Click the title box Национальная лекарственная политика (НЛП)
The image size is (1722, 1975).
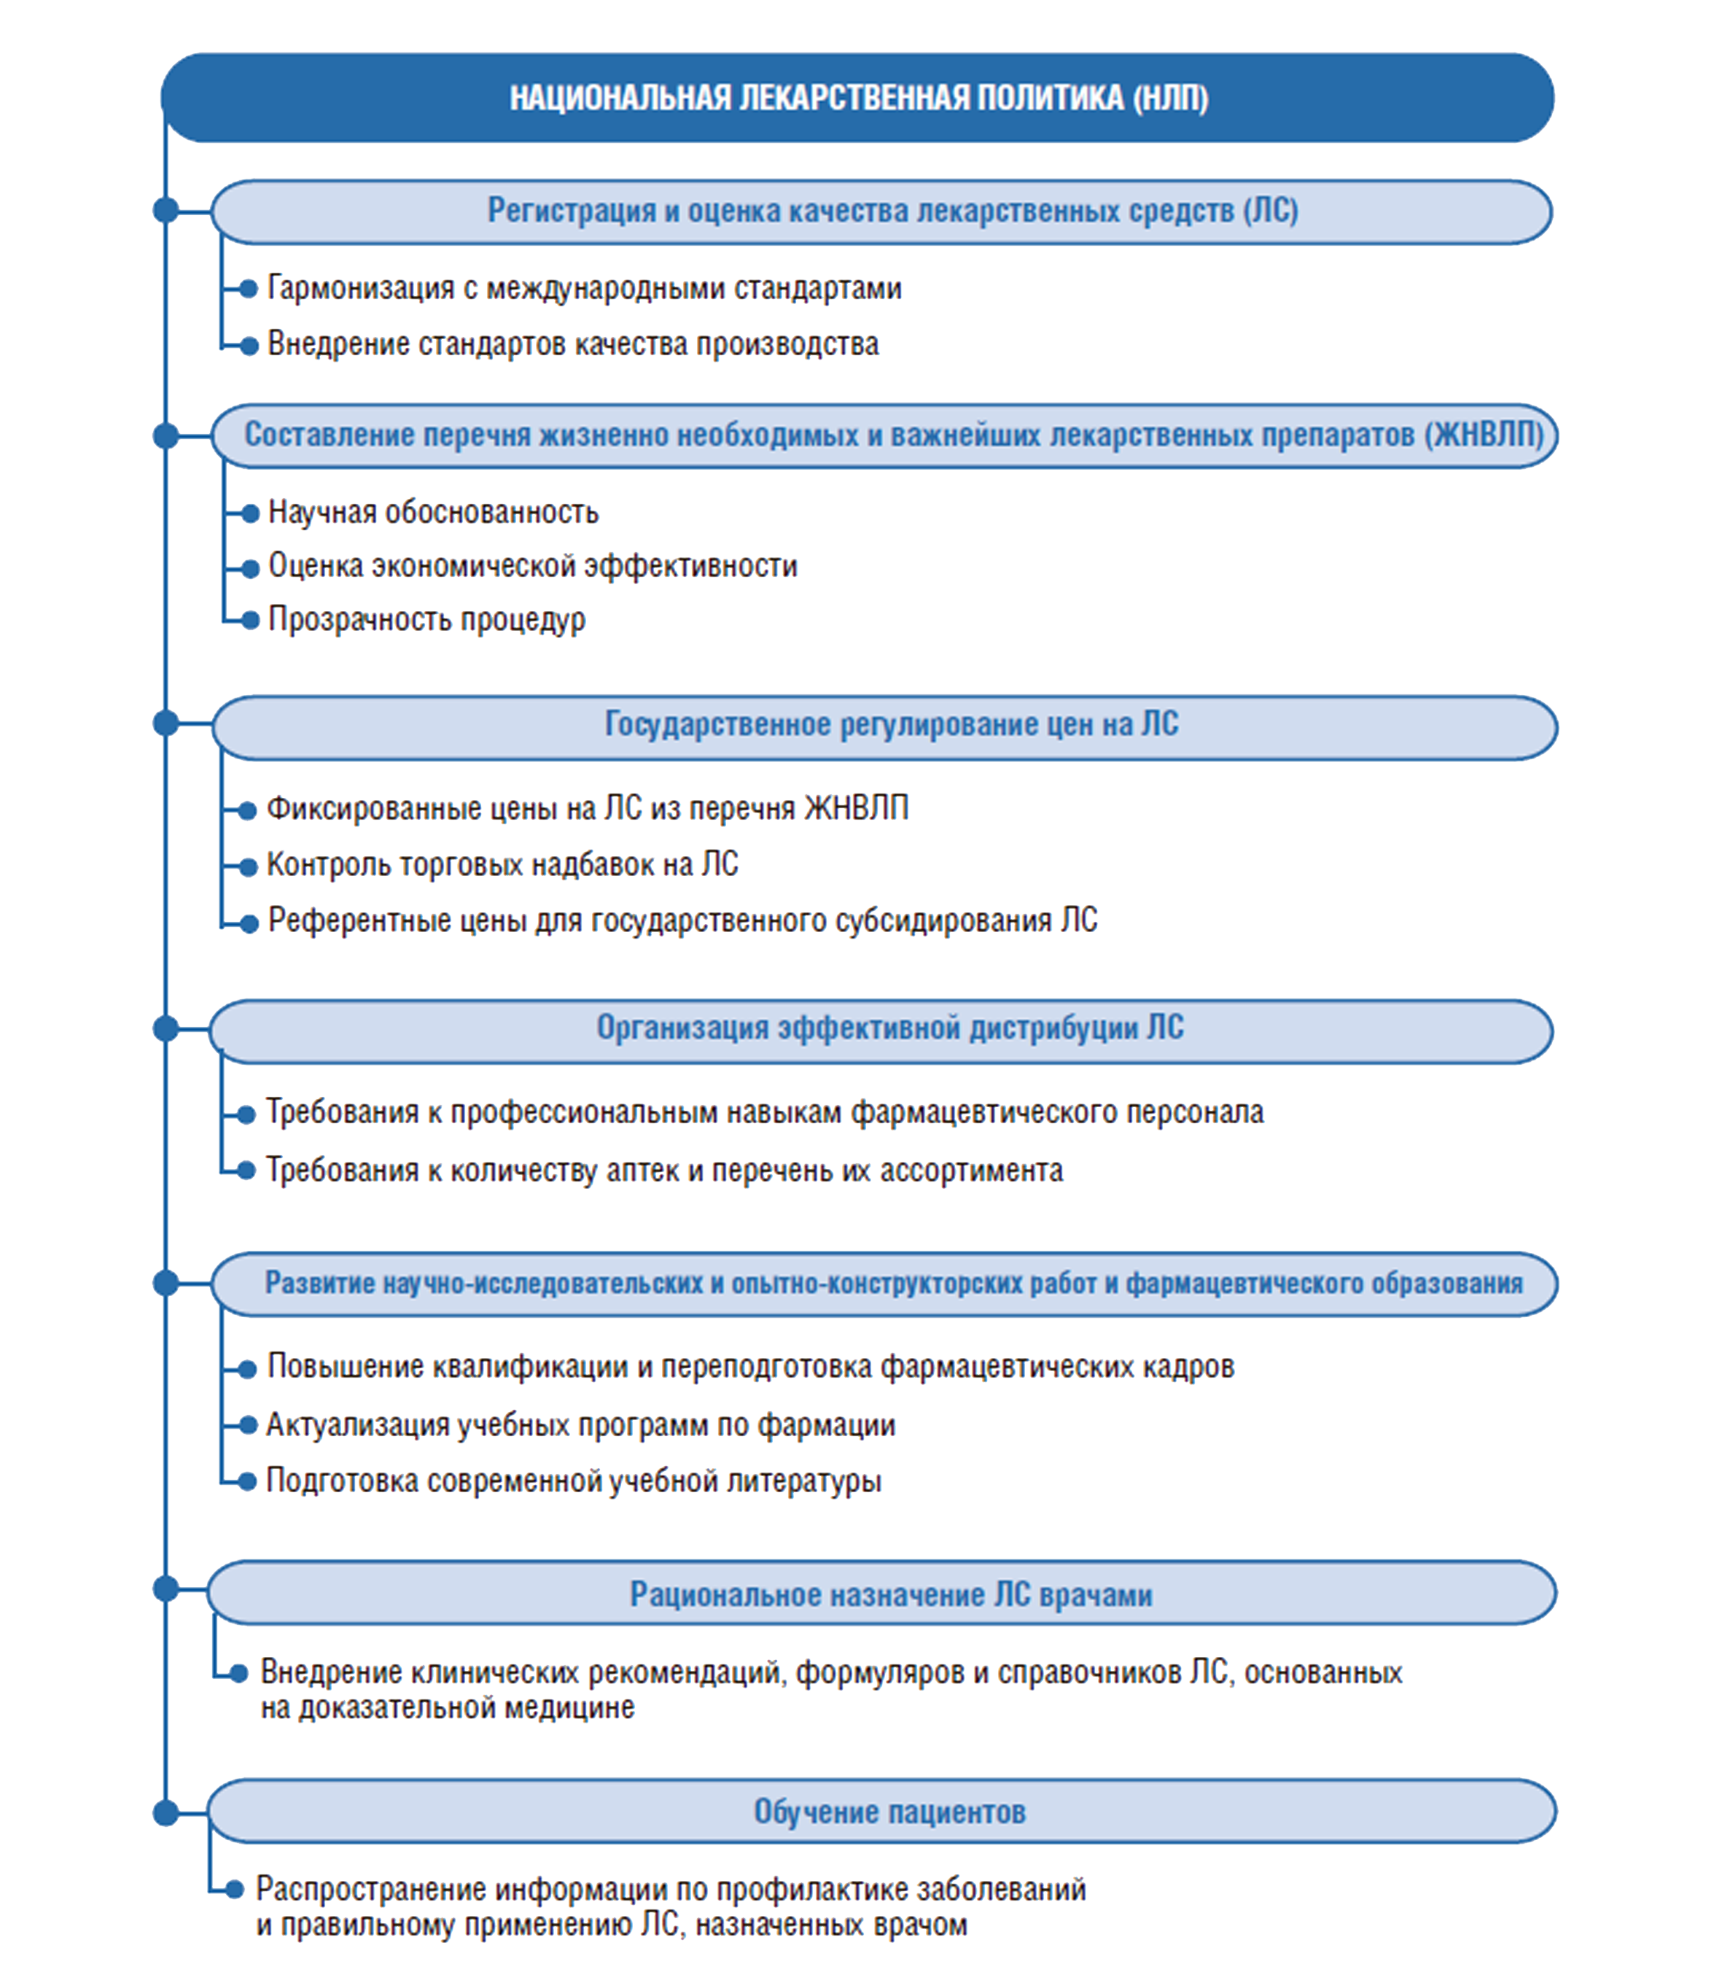(x=857, y=98)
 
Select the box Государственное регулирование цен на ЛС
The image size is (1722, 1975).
(x=884, y=728)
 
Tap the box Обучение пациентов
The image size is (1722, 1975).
(x=881, y=1812)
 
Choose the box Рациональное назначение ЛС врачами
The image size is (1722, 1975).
(x=881, y=1594)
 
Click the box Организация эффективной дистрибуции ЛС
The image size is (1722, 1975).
(x=881, y=1031)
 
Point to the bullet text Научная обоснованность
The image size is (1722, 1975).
(x=433, y=512)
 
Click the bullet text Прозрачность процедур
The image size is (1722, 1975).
(x=426, y=620)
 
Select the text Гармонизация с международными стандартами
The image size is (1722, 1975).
(x=584, y=288)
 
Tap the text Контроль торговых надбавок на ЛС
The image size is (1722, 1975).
(x=502, y=865)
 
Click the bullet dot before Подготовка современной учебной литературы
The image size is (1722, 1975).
(x=248, y=1481)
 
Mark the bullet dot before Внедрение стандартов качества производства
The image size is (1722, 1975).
(x=249, y=345)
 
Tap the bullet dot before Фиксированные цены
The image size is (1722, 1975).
(x=248, y=810)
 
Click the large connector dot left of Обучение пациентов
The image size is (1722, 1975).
(x=166, y=1814)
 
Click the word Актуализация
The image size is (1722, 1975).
(x=357, y=1425)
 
